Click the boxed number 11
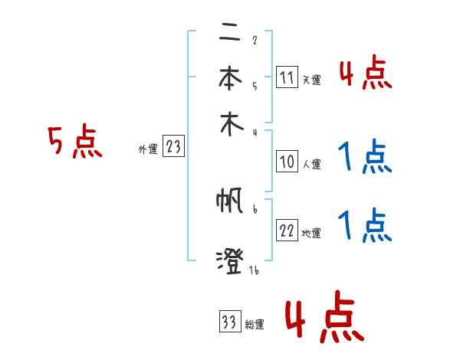pos(287,77)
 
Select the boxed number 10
pos(287,162)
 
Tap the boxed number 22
pos(287,231)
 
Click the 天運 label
pos(311,80)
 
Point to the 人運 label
pos(311,164)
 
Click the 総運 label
pos(255,324)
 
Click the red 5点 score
pos(74,143)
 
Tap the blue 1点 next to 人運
pos(364,157)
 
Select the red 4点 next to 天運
pos(365,74)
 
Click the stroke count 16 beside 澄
pos(253,269)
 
